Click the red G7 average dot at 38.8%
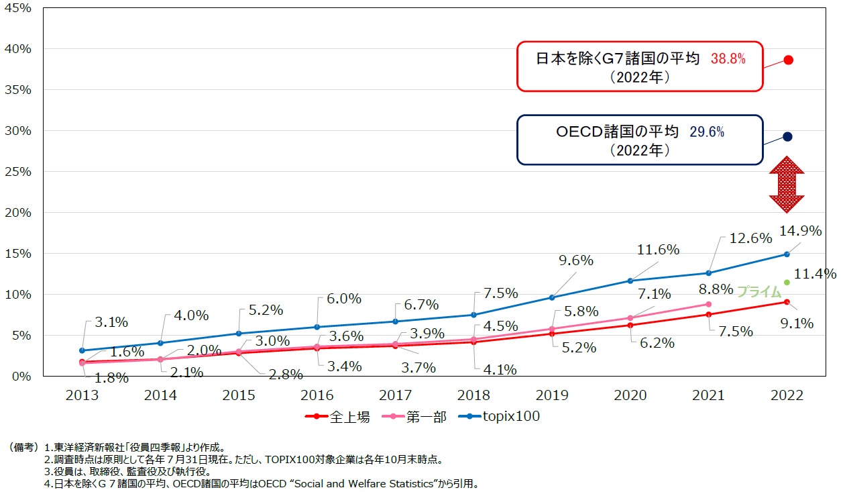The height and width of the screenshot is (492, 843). [x=788, y=60]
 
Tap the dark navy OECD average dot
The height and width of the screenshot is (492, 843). [x=787, y=136]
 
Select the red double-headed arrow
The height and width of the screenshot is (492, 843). [x=787, y=185]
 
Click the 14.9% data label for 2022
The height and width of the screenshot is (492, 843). [x=799, y=231]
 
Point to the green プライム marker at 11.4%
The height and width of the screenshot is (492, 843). [x=787, y=283]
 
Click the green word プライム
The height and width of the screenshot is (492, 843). [x=759, y=291]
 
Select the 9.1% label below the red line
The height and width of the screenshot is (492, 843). [x=796, y=324]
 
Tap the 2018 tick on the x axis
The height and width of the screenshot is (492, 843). [x=473, y=395]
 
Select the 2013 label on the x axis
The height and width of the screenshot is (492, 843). [x=82, y=395]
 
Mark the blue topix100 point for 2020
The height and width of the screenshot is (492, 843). [x=630, y=281]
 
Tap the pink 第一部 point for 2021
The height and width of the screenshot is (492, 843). [x=709, y=304]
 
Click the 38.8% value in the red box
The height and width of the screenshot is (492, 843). [x=728, y=59]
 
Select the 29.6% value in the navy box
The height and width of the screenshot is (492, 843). [x=706, y=132]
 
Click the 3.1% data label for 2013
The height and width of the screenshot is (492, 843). [x=111, y=322]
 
